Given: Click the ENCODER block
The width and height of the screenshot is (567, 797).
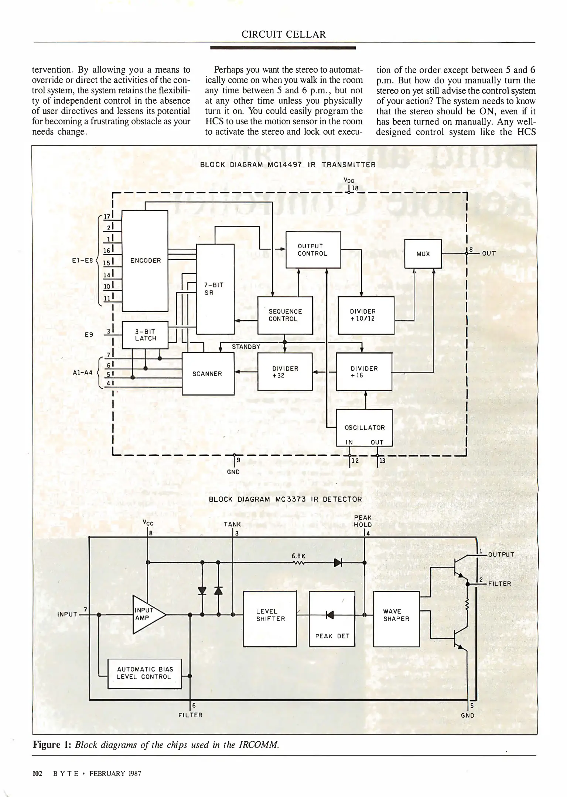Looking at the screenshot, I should (x=145, y=261).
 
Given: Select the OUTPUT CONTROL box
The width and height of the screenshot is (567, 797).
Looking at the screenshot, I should (x=313, y=250).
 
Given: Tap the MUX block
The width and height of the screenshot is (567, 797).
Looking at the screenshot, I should (x=423, y=254).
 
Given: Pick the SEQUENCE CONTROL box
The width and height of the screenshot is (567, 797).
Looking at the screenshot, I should (x=285, y=315).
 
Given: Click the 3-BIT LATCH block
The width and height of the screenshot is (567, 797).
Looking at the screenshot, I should (x=145, y=335).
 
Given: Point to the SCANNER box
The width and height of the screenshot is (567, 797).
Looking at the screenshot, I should (x=208, y=373).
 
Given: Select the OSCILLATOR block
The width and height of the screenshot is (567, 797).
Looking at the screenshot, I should (x=364, y=428).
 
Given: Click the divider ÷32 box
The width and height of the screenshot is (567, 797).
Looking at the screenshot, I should (x=285, y=372).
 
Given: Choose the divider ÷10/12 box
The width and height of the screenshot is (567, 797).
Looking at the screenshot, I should (x=366, y=315).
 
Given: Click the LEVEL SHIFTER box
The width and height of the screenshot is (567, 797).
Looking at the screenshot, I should (x=270, y=618).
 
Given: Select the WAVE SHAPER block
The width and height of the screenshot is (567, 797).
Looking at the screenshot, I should (x=396, y=618).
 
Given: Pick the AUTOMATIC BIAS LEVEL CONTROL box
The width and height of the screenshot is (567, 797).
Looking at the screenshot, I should (x=144, y=673).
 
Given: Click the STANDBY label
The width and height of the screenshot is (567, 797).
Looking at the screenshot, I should (x=246, y=346).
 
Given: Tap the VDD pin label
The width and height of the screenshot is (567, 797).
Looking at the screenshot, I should (x=349, y=181).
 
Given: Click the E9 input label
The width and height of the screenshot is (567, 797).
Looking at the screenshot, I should (x=89, y=335).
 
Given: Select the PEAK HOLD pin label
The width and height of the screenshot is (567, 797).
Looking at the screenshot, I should (x=362, y=521).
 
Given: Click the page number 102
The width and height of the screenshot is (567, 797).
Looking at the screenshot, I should (x=38, y=773).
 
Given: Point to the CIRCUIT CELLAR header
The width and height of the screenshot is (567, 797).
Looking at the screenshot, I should (x=284, y=35).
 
